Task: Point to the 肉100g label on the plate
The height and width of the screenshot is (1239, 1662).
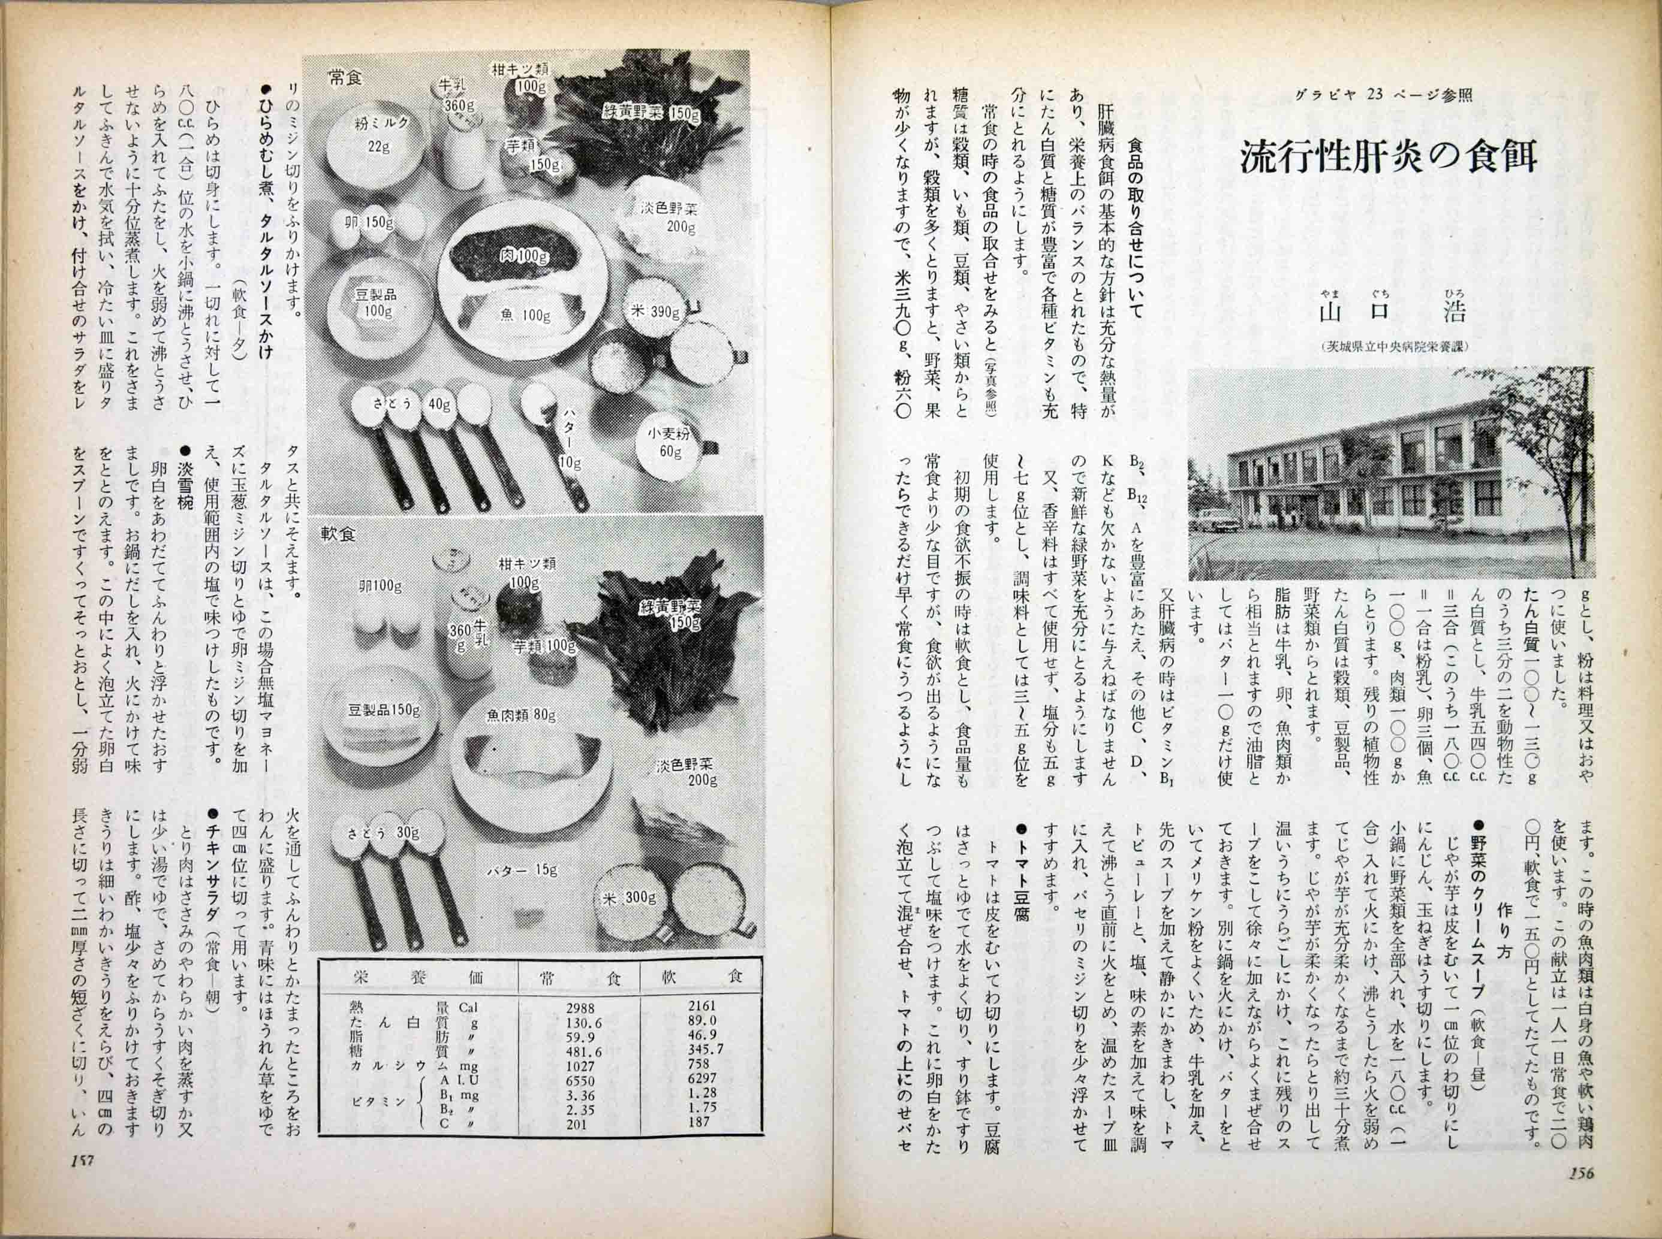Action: click(524, 256)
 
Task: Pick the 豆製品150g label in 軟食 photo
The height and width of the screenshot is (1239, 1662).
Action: click(383, 708)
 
